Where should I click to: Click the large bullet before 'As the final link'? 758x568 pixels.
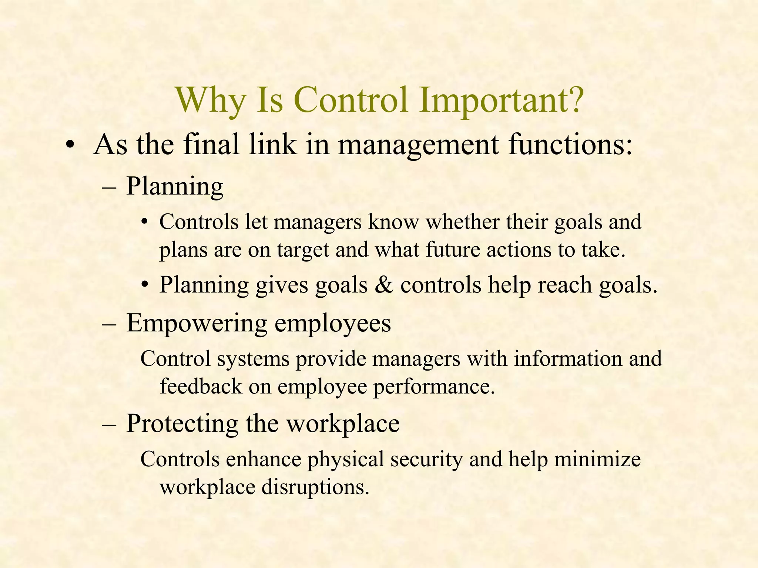coord(69,145)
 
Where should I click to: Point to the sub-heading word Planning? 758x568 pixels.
coord(175,186)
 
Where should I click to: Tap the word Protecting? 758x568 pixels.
coord(182,423)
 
